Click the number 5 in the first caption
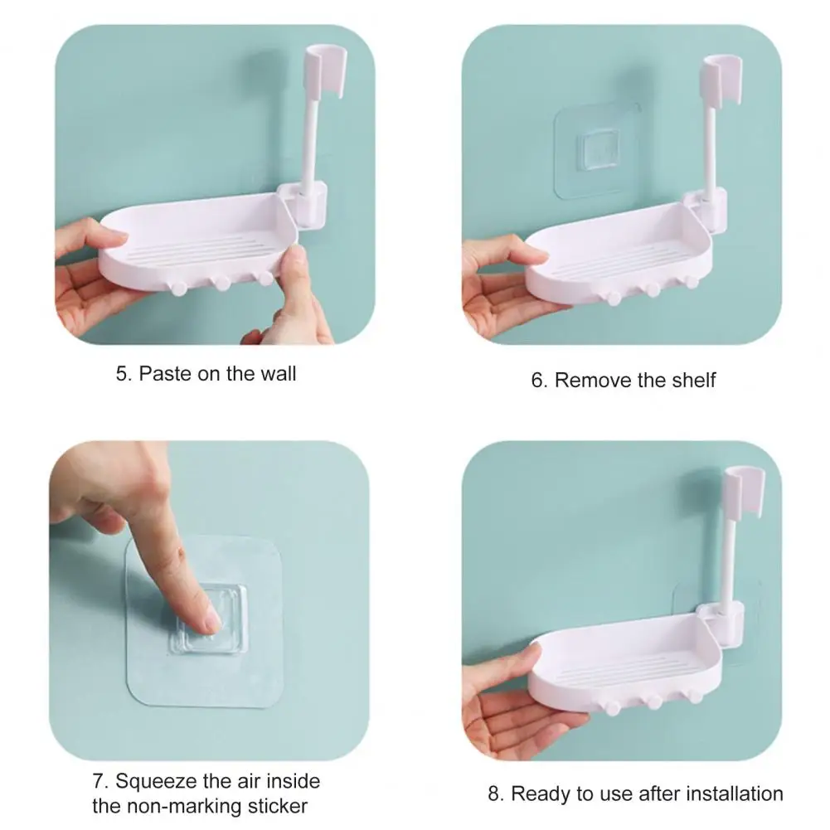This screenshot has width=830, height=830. pyautogui.click(x=122, y=374)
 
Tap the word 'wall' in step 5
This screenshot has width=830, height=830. pyautogui.click(x=278, y=374)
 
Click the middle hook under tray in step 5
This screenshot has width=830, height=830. pyautogui.click(x=221, y=284)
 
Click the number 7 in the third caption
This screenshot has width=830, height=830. pyautogui.click(x=98, y=781)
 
